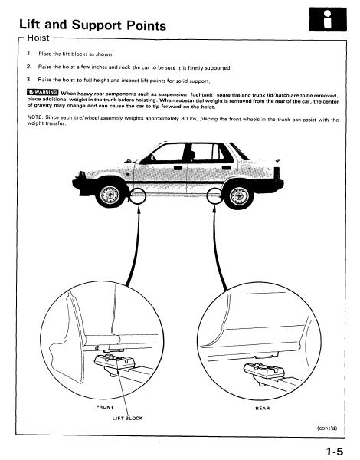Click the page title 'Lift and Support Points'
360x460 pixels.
(93, 25)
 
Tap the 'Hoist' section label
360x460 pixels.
(38, 38)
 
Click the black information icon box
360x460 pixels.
(328, 19)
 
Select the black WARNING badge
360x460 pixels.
(43, 93)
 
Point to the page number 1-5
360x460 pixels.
(335, 452)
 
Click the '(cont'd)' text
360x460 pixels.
(327, 428)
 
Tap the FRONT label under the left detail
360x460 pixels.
(105, 407)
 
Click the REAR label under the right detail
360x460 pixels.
(263, 408)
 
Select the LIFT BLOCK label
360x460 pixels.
(127, 418)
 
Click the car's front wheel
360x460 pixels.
(110, 195)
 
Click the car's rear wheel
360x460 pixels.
(239, 195)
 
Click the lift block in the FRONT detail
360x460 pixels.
(115, 363)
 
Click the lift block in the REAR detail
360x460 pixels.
(264, 372)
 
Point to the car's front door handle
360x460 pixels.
(178, 168)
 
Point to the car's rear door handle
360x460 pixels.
(226, 168)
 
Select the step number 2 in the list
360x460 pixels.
(28, 67)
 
